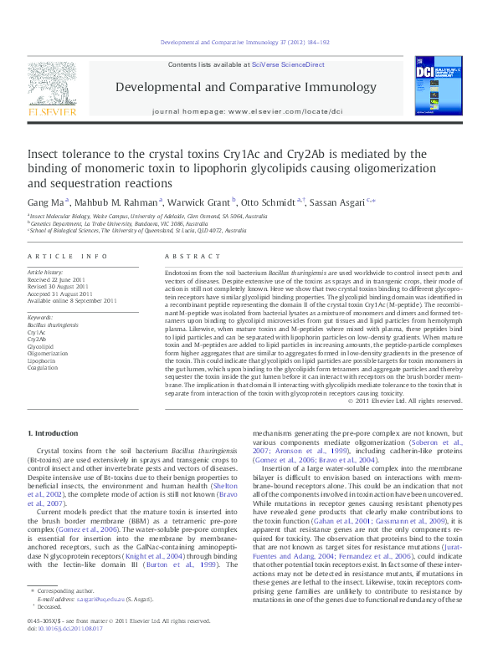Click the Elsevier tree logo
(x=52, y=83)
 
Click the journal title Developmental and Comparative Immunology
(x=245, y=87)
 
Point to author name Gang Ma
(x=45, y=202)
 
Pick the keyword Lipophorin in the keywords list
(x=43, y=359)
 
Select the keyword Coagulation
(x=44, y=366)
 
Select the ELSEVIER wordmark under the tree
(x=52, y=110)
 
